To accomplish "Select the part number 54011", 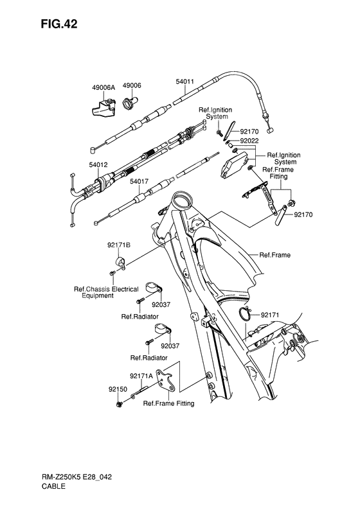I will click(186, 82).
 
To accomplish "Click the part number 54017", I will click(139, 182).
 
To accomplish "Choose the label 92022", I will click(249, 141).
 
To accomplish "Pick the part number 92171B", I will click(118, 245).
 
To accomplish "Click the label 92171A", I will click(141, 376).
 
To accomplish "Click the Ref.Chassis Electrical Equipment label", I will click(105, 293).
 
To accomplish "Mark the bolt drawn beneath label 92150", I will click(120, 405).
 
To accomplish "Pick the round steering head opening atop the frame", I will click(182, 201).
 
